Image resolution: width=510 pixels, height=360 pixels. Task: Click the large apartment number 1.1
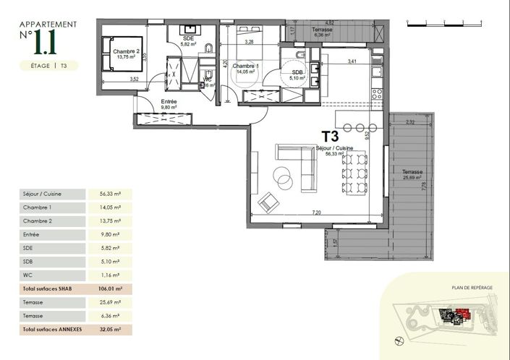[x=46, y=43]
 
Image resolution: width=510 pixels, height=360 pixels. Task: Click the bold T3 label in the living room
[x=331, y=135]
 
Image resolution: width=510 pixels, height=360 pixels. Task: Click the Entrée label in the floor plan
[x=169, y=103]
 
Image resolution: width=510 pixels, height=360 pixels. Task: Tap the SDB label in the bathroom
[x=297, y=74]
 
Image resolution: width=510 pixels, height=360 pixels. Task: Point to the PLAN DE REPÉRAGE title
[x=472, y=288]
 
